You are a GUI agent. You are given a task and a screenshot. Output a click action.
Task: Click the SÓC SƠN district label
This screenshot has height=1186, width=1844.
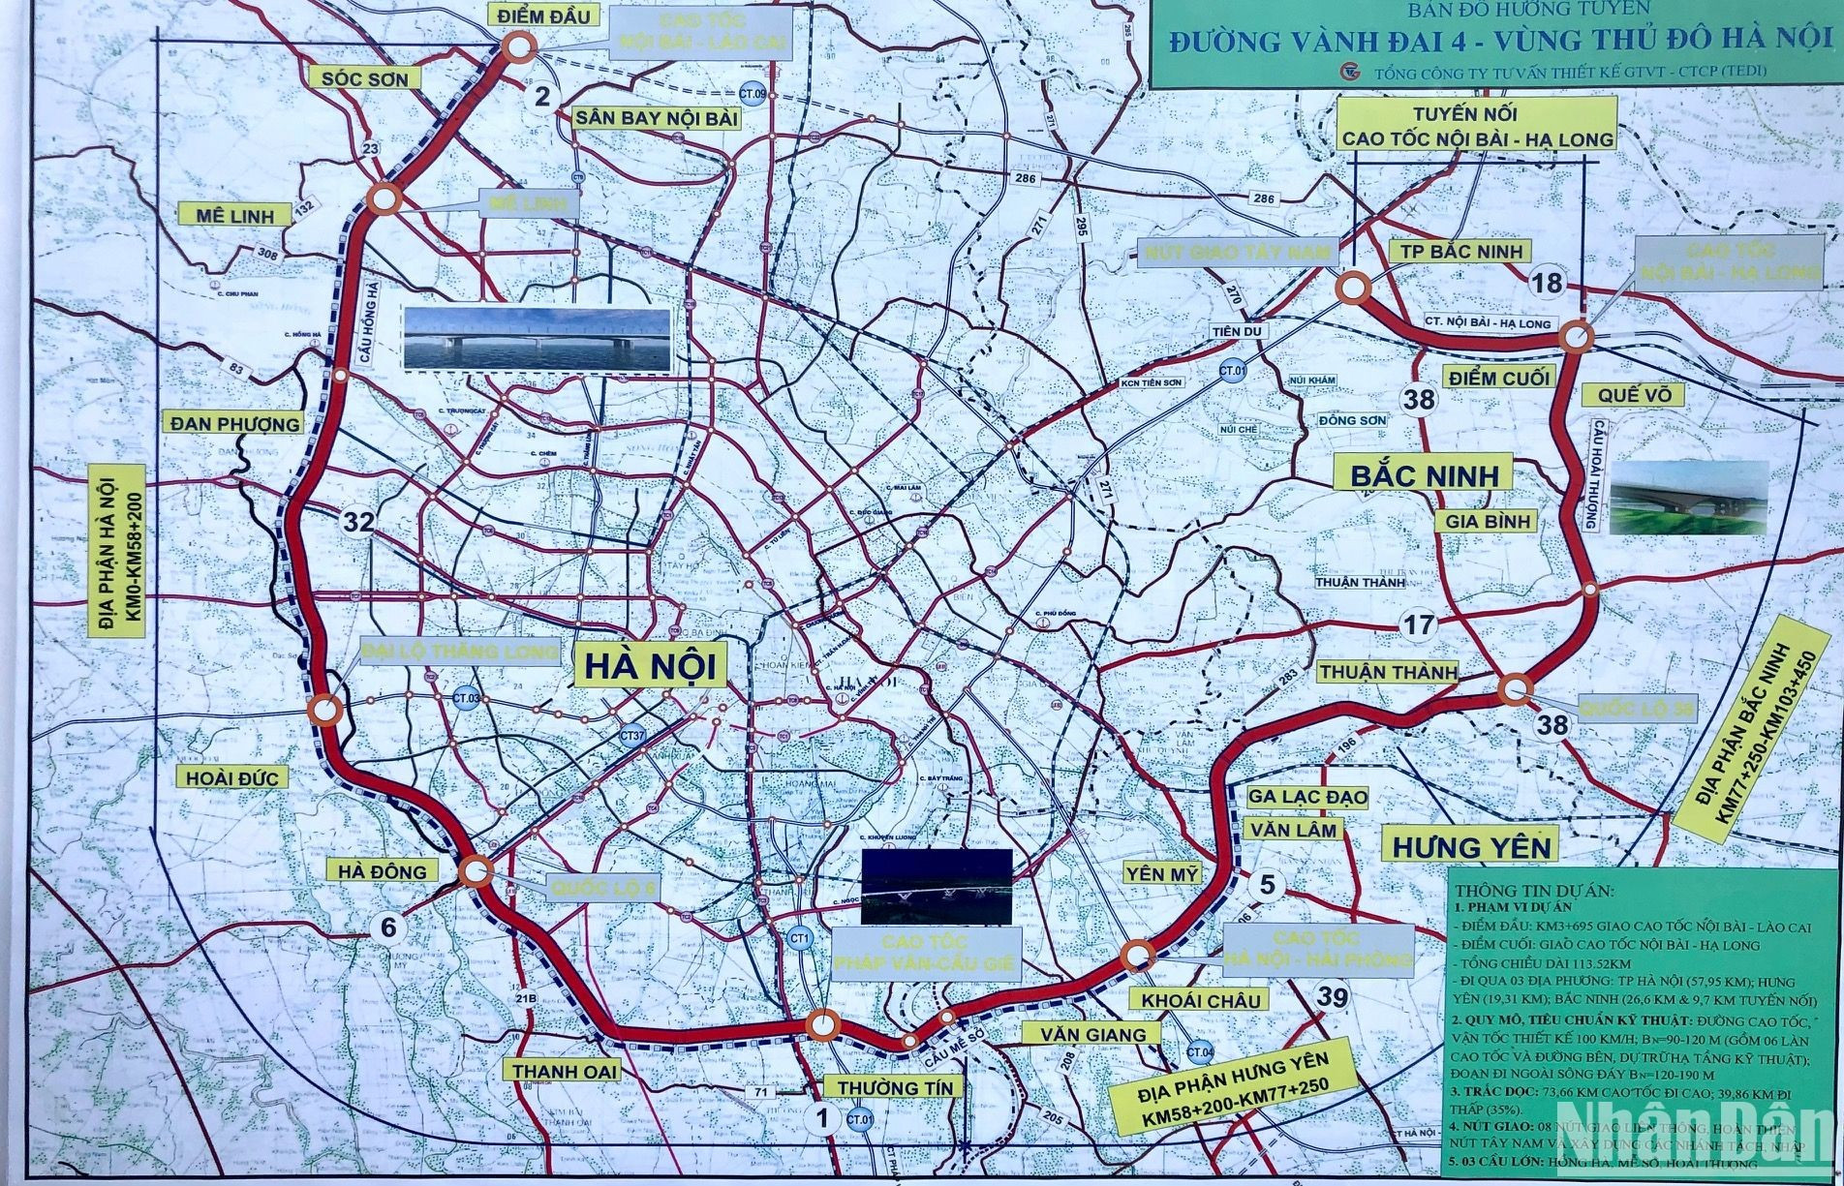(365, 78)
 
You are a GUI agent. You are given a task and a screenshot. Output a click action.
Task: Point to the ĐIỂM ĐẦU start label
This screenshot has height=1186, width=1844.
(543, 15)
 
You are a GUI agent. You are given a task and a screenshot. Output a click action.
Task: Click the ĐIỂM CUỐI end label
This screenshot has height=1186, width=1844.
(1499, 378)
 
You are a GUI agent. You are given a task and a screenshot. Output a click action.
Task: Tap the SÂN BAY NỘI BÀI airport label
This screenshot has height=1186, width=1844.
(657, 118)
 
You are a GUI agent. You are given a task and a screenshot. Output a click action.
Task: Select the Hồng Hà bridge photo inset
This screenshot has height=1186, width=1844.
(538, 339)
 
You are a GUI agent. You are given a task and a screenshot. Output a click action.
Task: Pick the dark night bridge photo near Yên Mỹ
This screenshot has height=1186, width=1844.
(937, 886)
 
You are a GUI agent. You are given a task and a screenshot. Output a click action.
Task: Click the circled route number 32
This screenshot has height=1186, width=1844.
(357, 523)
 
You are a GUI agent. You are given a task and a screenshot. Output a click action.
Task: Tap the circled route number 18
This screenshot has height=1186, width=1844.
(1549, 283)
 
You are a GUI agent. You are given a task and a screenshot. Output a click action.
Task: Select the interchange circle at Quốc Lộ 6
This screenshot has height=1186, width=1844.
(475, 871)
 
